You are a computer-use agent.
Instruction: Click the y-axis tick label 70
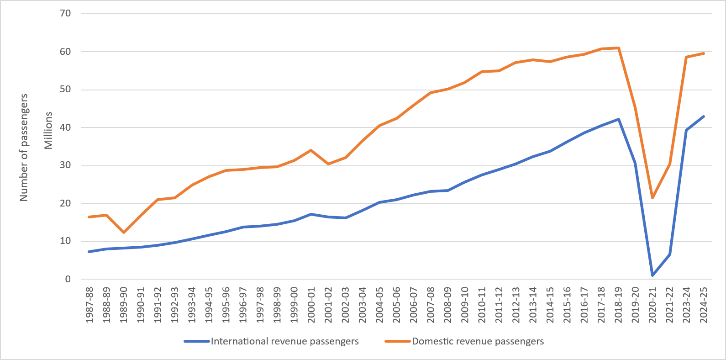(x=65, y=13)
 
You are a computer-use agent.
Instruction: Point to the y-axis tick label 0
(x=68, y=279)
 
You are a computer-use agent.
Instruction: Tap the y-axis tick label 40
(x=65, y=127)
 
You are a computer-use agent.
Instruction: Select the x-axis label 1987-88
(x=89, y=305)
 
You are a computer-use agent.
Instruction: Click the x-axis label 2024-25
(x=704, y=305)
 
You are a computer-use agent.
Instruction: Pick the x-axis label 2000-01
(x=311, y=305)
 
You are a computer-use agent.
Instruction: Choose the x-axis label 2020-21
(x=652, y=305)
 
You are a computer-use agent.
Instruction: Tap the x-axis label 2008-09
(x=447, y=305)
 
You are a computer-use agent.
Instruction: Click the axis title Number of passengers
(x=24, y=147)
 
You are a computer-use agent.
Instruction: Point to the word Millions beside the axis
(x=48, y=130)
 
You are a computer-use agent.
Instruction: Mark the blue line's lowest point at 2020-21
(x=652, y=275)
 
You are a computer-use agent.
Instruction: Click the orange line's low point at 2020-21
(x=652, y=198)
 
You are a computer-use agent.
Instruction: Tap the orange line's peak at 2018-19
(x=618, y=48)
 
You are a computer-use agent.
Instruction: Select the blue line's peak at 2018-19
(x=618, y=119)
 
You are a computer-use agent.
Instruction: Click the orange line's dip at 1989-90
(x=123, y=233)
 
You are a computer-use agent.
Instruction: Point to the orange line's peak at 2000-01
(x=311, y=150)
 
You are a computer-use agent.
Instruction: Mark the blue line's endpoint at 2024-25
(x=704, y=116)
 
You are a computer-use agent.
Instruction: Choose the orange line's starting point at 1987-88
(x=89, y=217)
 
